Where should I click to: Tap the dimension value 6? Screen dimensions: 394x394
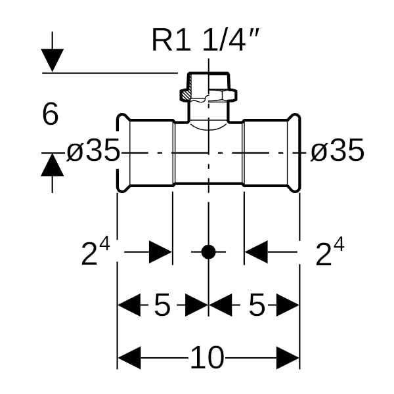pyautogui.click(x=51, y=115)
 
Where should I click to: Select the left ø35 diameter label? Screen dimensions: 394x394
pyautogui.click(x=94, y=152)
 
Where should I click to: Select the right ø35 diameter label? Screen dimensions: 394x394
pyautogui.click(x=337, y=152)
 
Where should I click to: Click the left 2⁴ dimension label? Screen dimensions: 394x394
pyautogui.click(x=95, y=253)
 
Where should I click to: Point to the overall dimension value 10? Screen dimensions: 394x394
pyautogui.click(x=208, y=359)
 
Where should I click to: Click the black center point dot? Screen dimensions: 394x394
pyautogui.click(x=208, y=252)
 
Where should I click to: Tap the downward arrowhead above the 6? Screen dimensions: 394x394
pyautogui.click(x=53, y=61)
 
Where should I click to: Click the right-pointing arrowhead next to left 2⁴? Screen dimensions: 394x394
pyautogui.click(x=160, y=252)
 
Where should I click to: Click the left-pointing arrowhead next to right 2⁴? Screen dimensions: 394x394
pyautogui.click(x=257, y=252)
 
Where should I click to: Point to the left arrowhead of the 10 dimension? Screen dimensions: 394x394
pyautogui.click(x=129, y=359)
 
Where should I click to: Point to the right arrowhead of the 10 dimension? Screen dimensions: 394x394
pyautogui.click(x=288, y=359)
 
